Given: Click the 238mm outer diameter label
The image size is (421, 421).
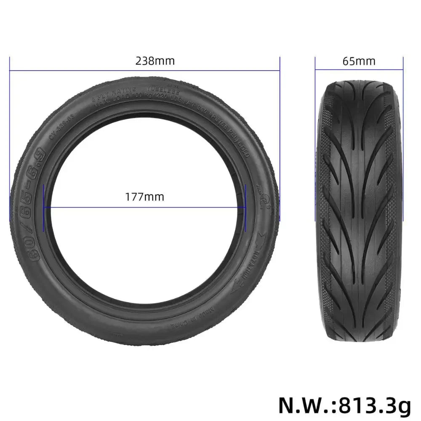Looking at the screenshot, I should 155,61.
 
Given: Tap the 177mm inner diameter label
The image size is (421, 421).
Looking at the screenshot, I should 145,196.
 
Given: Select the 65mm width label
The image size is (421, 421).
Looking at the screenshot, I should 359,61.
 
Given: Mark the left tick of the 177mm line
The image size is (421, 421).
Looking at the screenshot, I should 43,207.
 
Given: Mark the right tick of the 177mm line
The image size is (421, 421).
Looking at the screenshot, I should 245,207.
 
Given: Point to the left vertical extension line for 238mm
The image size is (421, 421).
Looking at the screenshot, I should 10,139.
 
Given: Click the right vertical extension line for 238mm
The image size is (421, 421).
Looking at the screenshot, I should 280,139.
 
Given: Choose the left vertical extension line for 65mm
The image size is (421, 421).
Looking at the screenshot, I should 315,139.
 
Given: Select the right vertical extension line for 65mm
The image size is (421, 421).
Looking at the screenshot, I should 403,139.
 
